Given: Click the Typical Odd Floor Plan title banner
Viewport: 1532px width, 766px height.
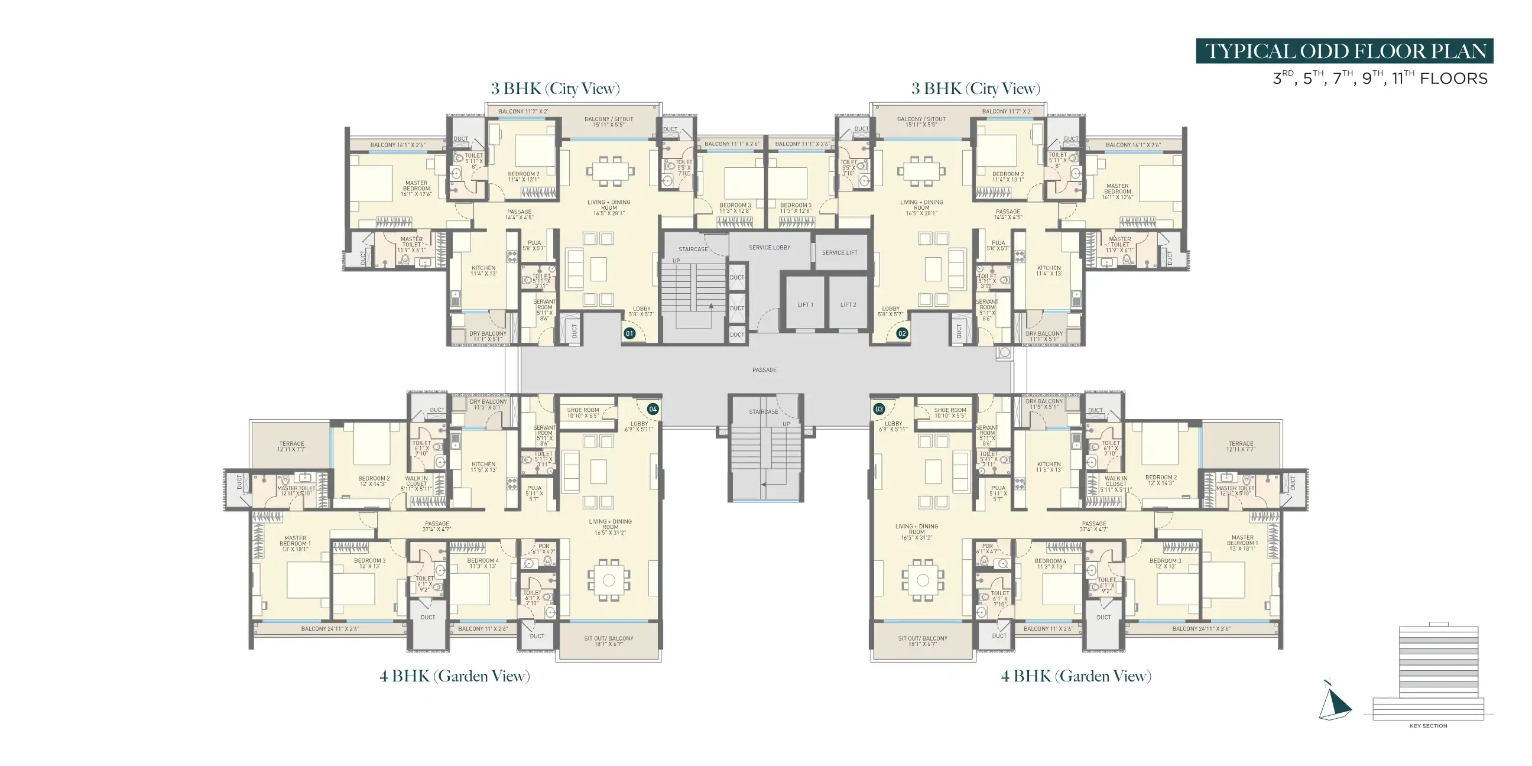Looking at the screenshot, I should tap(1344, 51).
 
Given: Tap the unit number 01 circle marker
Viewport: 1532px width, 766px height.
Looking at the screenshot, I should tap(629, 333).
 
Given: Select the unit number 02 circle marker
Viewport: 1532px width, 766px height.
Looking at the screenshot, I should tap(902, 333).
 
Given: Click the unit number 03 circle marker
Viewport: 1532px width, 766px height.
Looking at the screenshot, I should tap(879, 409).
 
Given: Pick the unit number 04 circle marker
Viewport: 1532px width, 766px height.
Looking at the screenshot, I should tap(653, 409).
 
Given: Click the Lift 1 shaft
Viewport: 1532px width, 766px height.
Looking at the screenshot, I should tap(805, 304).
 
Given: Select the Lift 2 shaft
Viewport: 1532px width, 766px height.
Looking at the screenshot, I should tap(848, 304).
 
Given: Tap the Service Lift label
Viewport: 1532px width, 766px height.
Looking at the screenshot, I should tap(839, 253).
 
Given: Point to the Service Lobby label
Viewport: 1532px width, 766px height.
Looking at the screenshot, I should tap(769, 248).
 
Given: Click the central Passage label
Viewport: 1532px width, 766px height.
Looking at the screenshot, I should tap(764, 370).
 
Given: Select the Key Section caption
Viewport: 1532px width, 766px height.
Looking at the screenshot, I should tap(1428, 726).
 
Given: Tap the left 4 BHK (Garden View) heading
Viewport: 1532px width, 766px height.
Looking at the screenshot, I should tap(455, 676).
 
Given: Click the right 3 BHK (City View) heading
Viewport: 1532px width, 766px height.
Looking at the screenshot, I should tap(975, 89).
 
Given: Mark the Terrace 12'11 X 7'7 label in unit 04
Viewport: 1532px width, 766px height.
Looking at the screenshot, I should tap(291, 446).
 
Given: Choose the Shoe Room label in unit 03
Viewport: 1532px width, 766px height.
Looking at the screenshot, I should tap(950, 413).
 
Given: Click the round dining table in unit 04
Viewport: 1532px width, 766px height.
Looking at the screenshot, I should tap(608, 579).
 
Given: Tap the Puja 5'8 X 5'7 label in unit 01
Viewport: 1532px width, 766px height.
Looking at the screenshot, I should tap(534, 245).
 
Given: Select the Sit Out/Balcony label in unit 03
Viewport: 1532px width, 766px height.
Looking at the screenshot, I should tap(923, 641).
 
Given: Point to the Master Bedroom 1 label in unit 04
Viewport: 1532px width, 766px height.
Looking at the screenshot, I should tap(295, 543).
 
